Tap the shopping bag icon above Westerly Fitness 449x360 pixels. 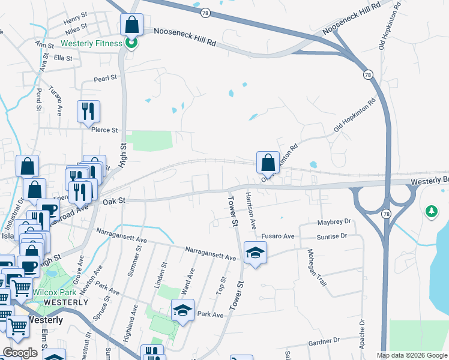coord(132,25)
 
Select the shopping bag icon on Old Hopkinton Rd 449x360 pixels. coord(268,163)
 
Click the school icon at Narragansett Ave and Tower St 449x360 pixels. coord(255,254)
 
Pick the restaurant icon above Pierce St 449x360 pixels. coord(88,112)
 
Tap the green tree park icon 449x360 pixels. coord(431,211)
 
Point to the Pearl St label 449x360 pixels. coord(105,79)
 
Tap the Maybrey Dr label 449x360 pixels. coord(333,223)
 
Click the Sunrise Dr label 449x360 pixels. coord(333,236)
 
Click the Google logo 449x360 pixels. coord(20,353)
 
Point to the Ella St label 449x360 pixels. coord(63,58)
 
